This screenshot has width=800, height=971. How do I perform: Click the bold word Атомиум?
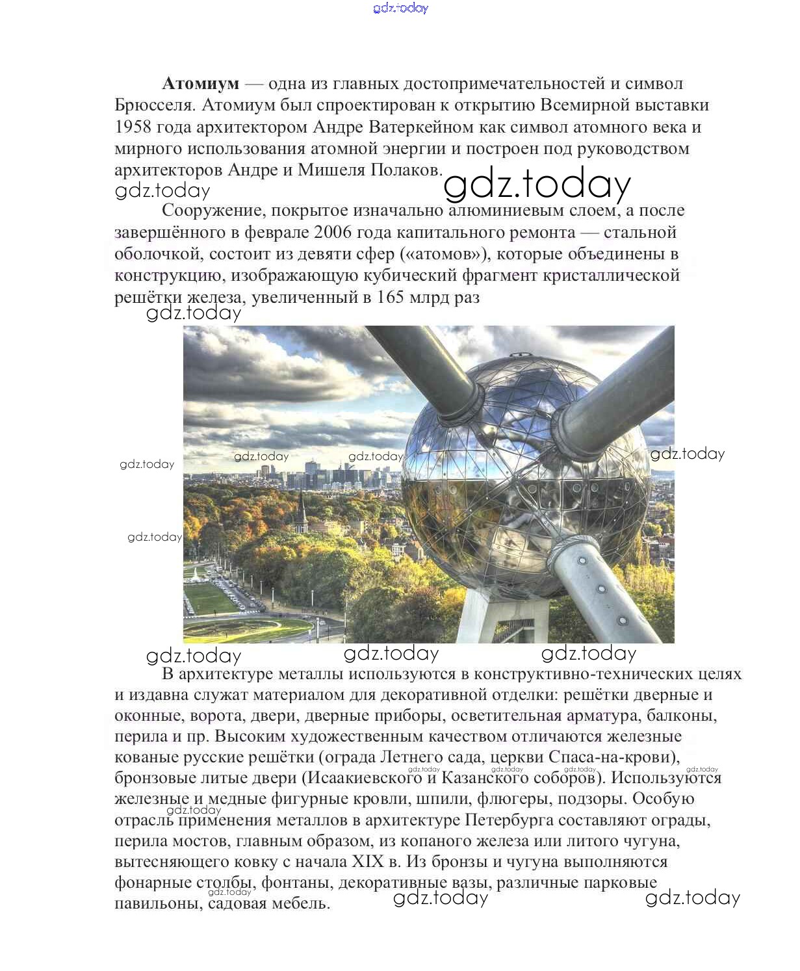click(x=200, y=84)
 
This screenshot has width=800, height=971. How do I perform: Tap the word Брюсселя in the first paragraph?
click(x=153, y=105)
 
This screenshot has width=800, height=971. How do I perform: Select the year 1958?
click(x=133, y=127)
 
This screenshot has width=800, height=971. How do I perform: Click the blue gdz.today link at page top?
click(x=401, y=8)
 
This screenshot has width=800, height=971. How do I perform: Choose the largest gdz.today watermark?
click(x=537, y=185)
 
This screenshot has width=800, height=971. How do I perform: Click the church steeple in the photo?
click(x=301, y=510)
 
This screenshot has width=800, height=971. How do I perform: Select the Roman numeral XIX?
click(x=368, y=862)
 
